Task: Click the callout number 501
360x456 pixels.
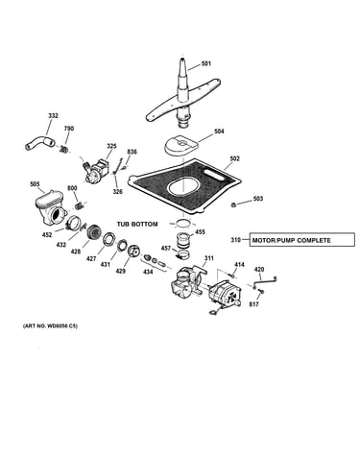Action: [206, 63]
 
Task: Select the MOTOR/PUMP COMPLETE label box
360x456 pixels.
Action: [301, 240]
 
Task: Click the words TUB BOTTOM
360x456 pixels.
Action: [137, 224]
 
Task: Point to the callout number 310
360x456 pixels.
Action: [236, 240]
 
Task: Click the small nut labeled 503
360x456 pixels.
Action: [234, 204]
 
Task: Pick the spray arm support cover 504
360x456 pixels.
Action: [181, 145]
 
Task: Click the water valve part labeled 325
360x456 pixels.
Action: [96, 169]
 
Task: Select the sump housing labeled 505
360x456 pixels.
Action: [50, 207]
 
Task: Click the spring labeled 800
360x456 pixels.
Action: [80, 205]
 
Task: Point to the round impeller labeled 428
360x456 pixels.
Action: [94, 231]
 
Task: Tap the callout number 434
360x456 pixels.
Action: [148, 272]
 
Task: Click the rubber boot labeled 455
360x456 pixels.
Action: [183, 241]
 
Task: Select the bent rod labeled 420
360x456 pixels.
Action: [264, 282]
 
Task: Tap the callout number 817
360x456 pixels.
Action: [253, 304]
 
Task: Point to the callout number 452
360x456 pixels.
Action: [47, 235]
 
